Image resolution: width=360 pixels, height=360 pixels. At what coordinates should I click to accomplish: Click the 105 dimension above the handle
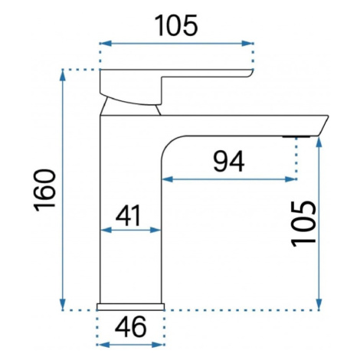pos(176,25)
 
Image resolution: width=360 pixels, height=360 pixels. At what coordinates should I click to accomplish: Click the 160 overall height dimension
pos(44,190)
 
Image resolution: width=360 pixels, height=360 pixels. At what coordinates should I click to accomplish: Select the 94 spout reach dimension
pos(229,162)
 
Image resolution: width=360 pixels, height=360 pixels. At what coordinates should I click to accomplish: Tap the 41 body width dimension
pos(129,216)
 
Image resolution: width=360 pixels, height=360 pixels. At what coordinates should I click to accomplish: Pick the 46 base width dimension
pos(131,326)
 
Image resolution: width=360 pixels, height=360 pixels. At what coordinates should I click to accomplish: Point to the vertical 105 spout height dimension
pos(304,224)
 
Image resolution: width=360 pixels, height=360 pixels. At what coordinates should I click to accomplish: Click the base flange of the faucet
pos(130,307)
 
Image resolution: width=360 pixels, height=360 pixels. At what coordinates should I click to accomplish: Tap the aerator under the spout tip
pos(296,137)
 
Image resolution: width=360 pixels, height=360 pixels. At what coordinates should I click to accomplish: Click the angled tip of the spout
pos(322,126)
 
